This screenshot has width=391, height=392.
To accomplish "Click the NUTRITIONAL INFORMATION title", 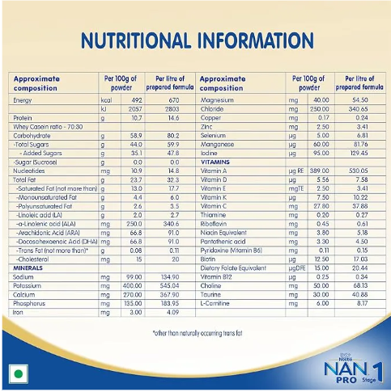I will coord(195,40).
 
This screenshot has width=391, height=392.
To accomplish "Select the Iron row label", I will coord(19,311).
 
